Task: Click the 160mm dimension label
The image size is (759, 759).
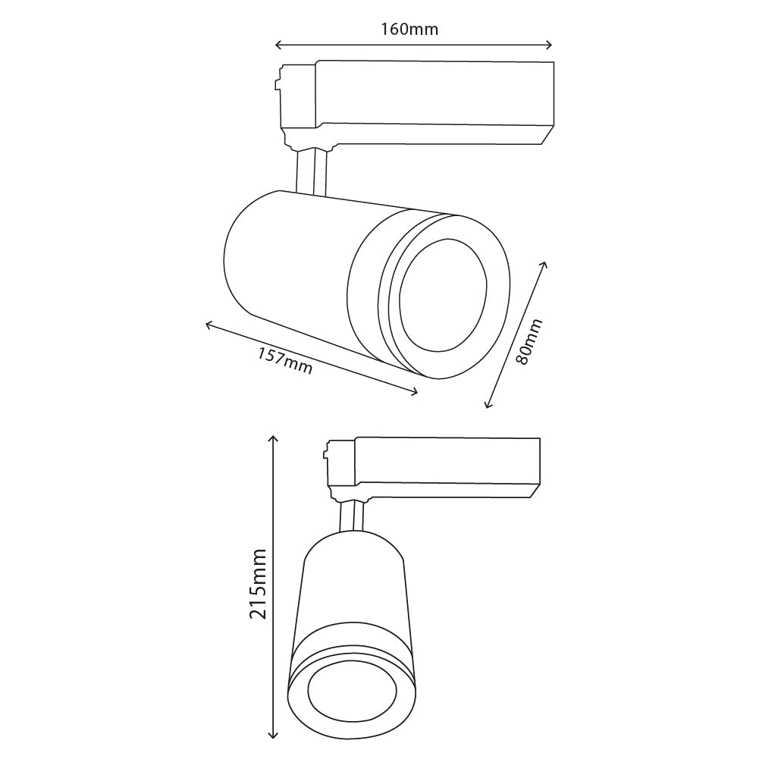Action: pyautogui.click(x=409, y=29)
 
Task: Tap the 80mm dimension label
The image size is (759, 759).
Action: pyautogui.click(x=529, y=342)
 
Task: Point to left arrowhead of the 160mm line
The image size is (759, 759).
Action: pyautogui.click(x=278, y=45)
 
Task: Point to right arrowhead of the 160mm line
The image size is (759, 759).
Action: pyautogui.click(x=550, y=45)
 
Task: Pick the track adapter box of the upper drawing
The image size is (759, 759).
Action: pyautogui.click(x=432, y=99)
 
